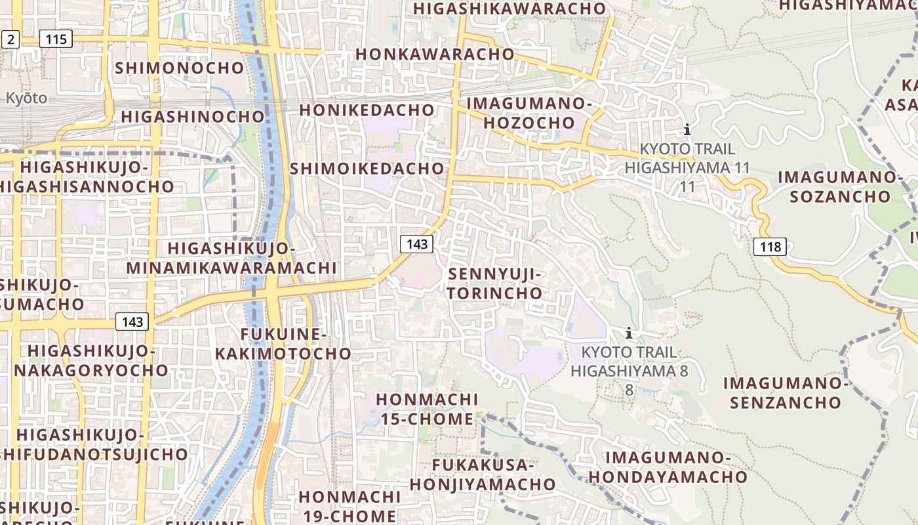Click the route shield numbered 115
56,39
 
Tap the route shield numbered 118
770,247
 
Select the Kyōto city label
26,98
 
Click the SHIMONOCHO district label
179,68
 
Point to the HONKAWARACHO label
435,54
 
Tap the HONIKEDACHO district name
367,110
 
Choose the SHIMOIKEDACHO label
367,168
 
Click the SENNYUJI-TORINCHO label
496,283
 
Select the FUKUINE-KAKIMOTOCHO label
283,344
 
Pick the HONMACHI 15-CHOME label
426,409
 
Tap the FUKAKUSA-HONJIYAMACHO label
483,474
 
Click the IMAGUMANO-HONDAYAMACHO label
668,467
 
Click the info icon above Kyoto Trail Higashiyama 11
687,129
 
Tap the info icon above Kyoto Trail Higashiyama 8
628,333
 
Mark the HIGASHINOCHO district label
193,117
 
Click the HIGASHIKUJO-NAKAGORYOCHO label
91,360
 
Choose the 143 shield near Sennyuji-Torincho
416,244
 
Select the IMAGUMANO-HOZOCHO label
529,113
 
